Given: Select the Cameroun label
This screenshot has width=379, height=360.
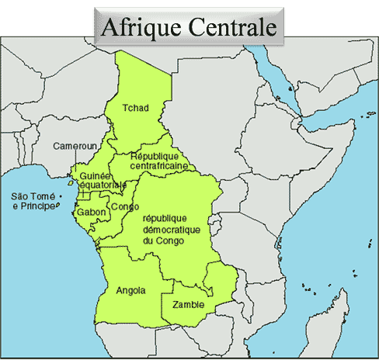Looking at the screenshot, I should (75, 146).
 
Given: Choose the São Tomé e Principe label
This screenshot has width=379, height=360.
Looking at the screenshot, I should (33, 202).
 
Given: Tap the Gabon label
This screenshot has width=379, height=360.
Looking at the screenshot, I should (92, 212).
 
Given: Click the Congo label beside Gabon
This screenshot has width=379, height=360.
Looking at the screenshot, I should (125, 207).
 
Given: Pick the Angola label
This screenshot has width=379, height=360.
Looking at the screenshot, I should (130, 291).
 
